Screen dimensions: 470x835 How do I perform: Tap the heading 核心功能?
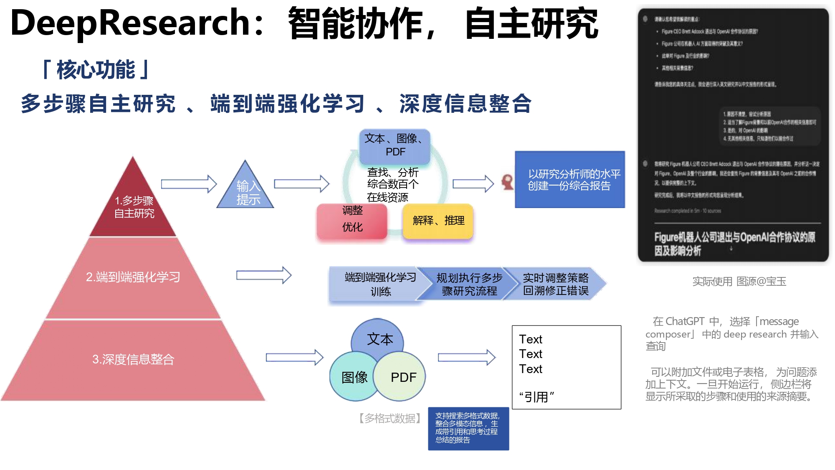[x=96, y=70]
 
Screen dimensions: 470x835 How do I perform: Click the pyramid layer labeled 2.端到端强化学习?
[x=133, y=277]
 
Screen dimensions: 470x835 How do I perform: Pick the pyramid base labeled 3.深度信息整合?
[x=133, y=359]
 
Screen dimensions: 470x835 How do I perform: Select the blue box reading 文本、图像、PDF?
[x=395, y=145]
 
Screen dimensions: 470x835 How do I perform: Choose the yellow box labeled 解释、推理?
[x=438, y=221]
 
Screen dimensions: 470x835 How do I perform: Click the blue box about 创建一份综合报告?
[x=569, y=180]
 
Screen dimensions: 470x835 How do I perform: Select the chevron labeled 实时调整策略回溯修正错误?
[x=555, y=284]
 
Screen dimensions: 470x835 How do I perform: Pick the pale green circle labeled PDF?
[x=403, y=377]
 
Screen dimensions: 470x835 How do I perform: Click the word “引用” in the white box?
[x=536, y=396]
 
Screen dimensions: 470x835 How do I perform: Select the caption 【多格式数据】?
[x=390, y=418]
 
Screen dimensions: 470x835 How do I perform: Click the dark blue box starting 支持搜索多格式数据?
[x=468, y=428]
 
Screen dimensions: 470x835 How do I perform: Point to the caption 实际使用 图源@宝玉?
[x=739, y=282]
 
